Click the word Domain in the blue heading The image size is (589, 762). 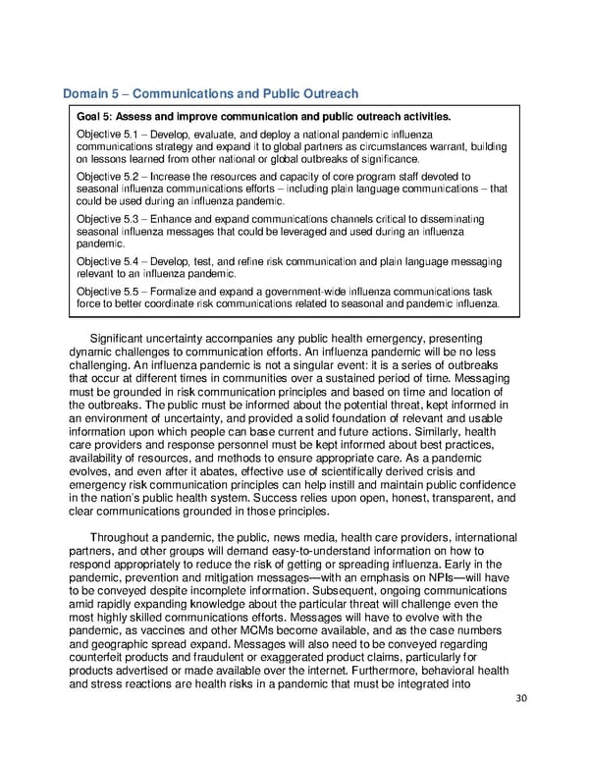click(x=85, y=94)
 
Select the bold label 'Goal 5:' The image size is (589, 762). click(x=95, y=117)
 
